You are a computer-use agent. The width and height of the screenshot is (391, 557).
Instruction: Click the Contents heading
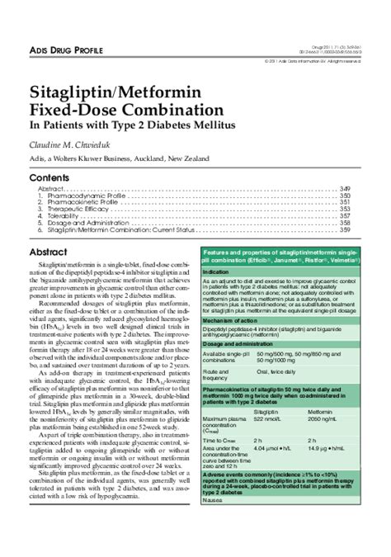49,177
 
